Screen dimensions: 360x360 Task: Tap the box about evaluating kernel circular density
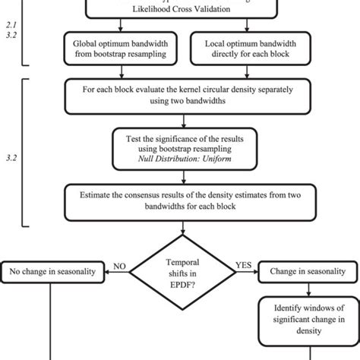pos(182,95)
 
